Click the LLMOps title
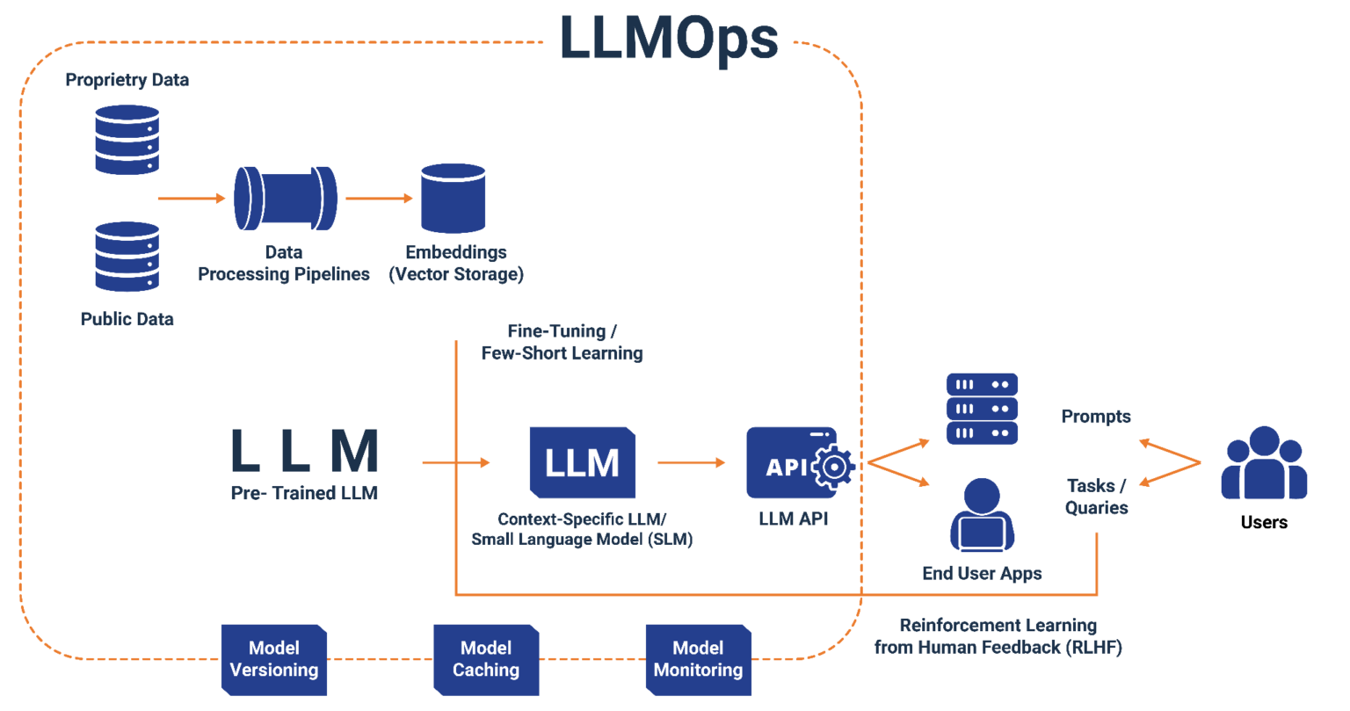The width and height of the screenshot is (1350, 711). point(669,38)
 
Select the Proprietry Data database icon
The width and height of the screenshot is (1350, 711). point(127,139)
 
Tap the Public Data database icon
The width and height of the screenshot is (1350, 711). point(127,257)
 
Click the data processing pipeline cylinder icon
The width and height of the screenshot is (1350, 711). point(285,199)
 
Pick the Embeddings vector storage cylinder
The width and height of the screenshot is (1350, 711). point(454,198)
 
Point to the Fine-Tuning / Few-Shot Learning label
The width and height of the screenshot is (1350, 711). point(562,343)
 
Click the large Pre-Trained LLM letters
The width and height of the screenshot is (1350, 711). point(304,451)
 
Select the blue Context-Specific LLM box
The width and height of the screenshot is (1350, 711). point(582,462)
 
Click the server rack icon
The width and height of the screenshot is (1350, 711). point(982,409)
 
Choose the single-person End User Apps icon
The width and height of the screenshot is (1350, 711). point(982,515)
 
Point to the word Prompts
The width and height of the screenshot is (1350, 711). point(1095,417)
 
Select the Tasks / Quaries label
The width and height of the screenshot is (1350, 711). point(1096,497)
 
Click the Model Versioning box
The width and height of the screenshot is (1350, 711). point(274,659)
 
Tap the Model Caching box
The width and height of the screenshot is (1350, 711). point(486,659)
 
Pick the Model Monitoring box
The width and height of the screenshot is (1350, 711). point(698,659)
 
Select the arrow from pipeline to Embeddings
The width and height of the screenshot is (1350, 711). point(379,199)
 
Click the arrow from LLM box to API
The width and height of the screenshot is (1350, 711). point(692,462)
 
